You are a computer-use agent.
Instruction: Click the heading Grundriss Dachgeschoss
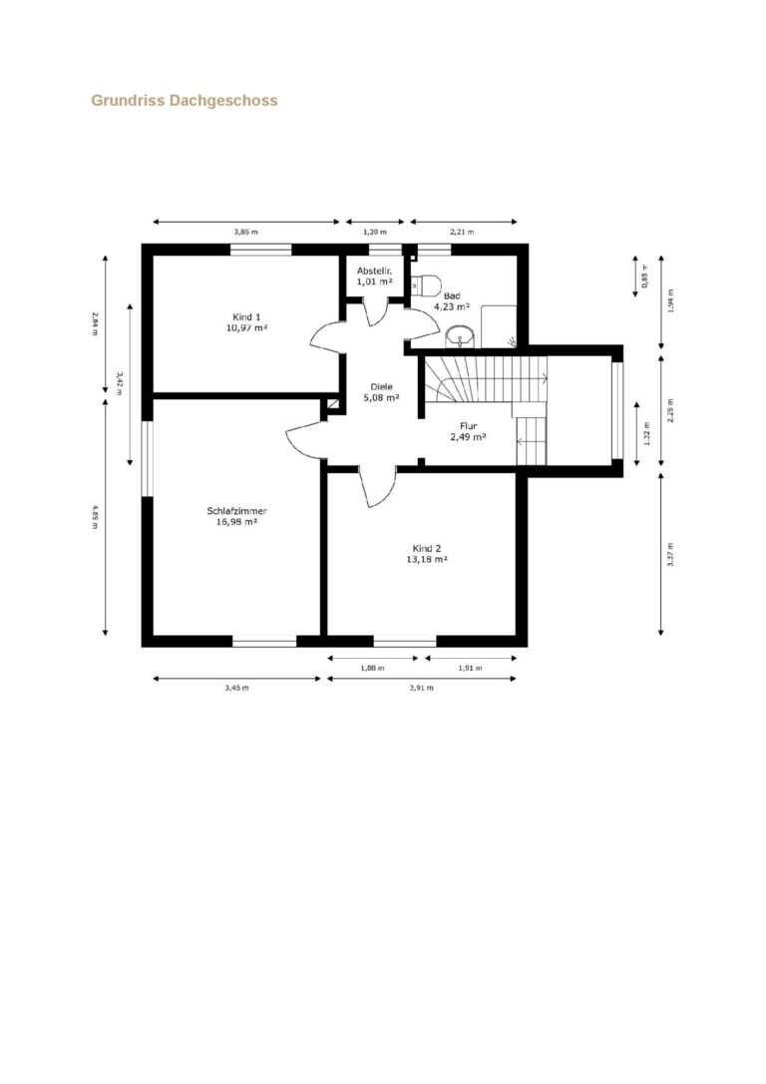185,101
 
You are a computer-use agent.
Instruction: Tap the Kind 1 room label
246,316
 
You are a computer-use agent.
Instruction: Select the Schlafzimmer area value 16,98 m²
237,523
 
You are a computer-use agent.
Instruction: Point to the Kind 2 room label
427,548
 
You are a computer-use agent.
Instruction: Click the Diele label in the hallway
381,387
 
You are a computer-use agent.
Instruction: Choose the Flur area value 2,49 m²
469,437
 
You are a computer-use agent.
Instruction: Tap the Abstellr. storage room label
374,271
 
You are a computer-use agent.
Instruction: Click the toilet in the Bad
426,284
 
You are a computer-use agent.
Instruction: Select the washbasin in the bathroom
460,336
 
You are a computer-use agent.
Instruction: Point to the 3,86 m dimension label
246,233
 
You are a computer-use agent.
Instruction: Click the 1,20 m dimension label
375,233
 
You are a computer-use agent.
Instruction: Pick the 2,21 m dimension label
462,233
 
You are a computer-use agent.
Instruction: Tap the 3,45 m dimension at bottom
237,689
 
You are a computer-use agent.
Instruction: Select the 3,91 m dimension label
421,689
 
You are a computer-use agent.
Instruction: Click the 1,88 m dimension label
372,669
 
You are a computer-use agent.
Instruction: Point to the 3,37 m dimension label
670,554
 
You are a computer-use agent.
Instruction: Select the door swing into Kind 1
327,339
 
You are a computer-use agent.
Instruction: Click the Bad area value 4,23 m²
452,306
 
